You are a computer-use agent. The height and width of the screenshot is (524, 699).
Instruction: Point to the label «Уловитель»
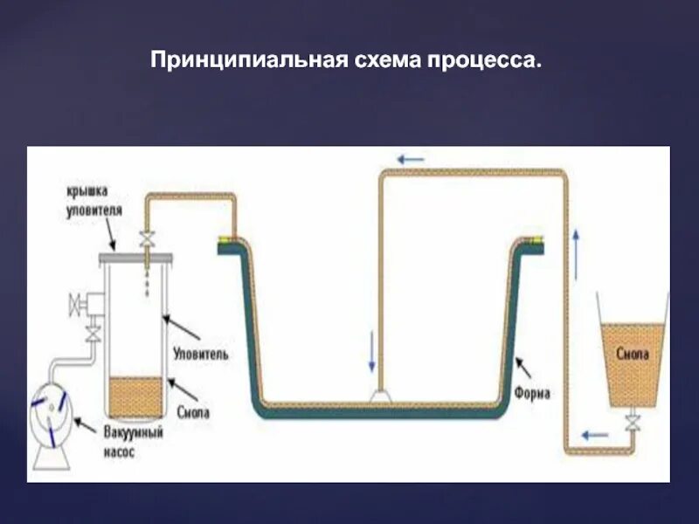pos(201,355)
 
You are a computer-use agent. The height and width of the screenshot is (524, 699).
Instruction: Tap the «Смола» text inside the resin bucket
pos(631,355)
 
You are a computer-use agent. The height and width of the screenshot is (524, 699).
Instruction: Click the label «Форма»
pos(532,394)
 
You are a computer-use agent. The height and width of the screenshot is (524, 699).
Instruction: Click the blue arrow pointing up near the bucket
pos(578,246)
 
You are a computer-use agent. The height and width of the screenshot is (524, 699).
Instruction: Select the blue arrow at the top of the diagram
pos(410,160)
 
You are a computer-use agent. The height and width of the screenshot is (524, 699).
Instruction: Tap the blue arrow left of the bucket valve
pos(595,433)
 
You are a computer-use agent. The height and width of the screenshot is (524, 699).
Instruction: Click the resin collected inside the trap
pos(135,397)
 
